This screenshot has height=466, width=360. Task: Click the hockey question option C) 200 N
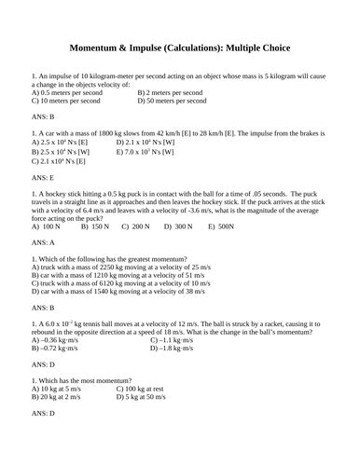136,226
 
